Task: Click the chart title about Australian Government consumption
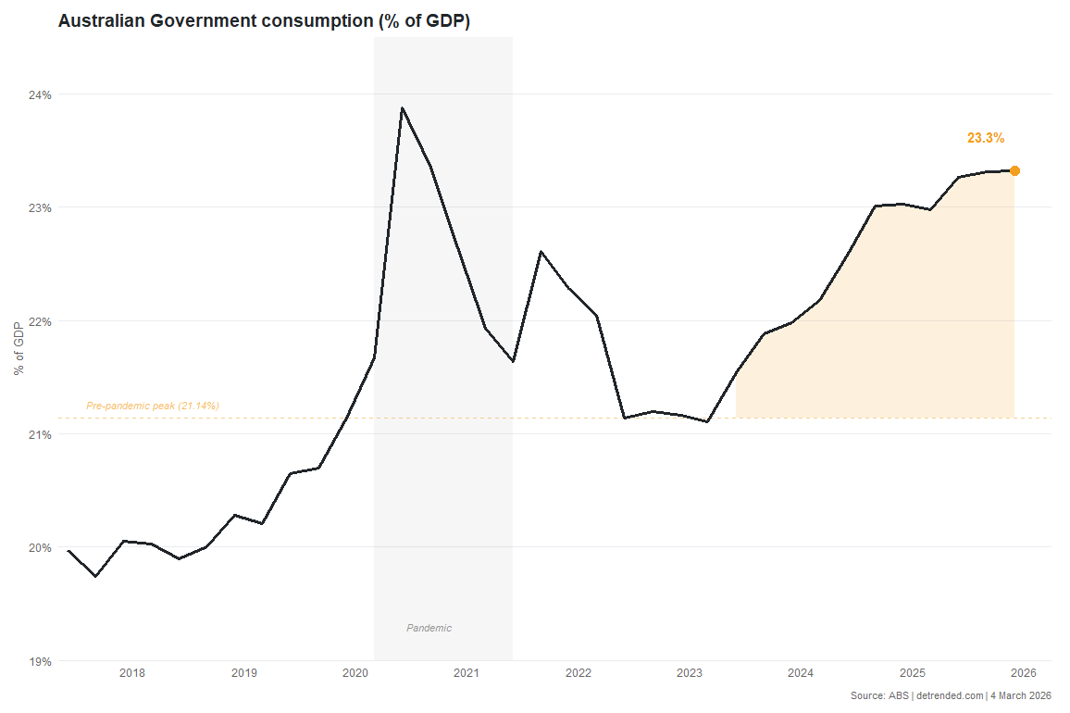click(264, 21)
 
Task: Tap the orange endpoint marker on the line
click(1014, 170)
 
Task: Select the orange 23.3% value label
click(985, 138)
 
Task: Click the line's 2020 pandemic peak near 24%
click(402, 108)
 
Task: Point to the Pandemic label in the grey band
click(429, 628)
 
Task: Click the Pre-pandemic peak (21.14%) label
click(153, 406)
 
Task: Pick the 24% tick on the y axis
click(40, 94)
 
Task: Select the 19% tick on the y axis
click(40, 661)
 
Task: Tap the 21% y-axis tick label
click(40, 434)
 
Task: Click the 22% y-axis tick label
click(40, 321)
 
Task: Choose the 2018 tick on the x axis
click(132, 673)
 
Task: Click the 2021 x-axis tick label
click(467, 673)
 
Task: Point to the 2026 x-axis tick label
click(1023, 673)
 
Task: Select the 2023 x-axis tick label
click(689, 673)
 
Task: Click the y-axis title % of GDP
click(18, 348)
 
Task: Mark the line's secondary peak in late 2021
click(541, 252)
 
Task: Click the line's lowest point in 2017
click(96, 576)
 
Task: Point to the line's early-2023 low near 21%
click(707, 422)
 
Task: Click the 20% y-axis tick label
click(40, 547)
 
